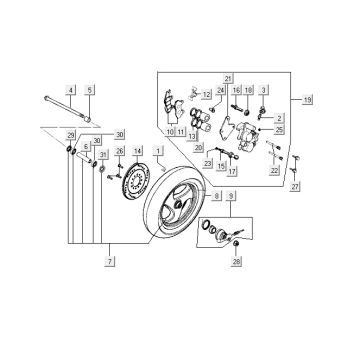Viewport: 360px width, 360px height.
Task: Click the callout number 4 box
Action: [x=71, y=90]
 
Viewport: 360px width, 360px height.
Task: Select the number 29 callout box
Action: [x=69, y=134]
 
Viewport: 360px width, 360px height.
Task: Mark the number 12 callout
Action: [x=207, y=93]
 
